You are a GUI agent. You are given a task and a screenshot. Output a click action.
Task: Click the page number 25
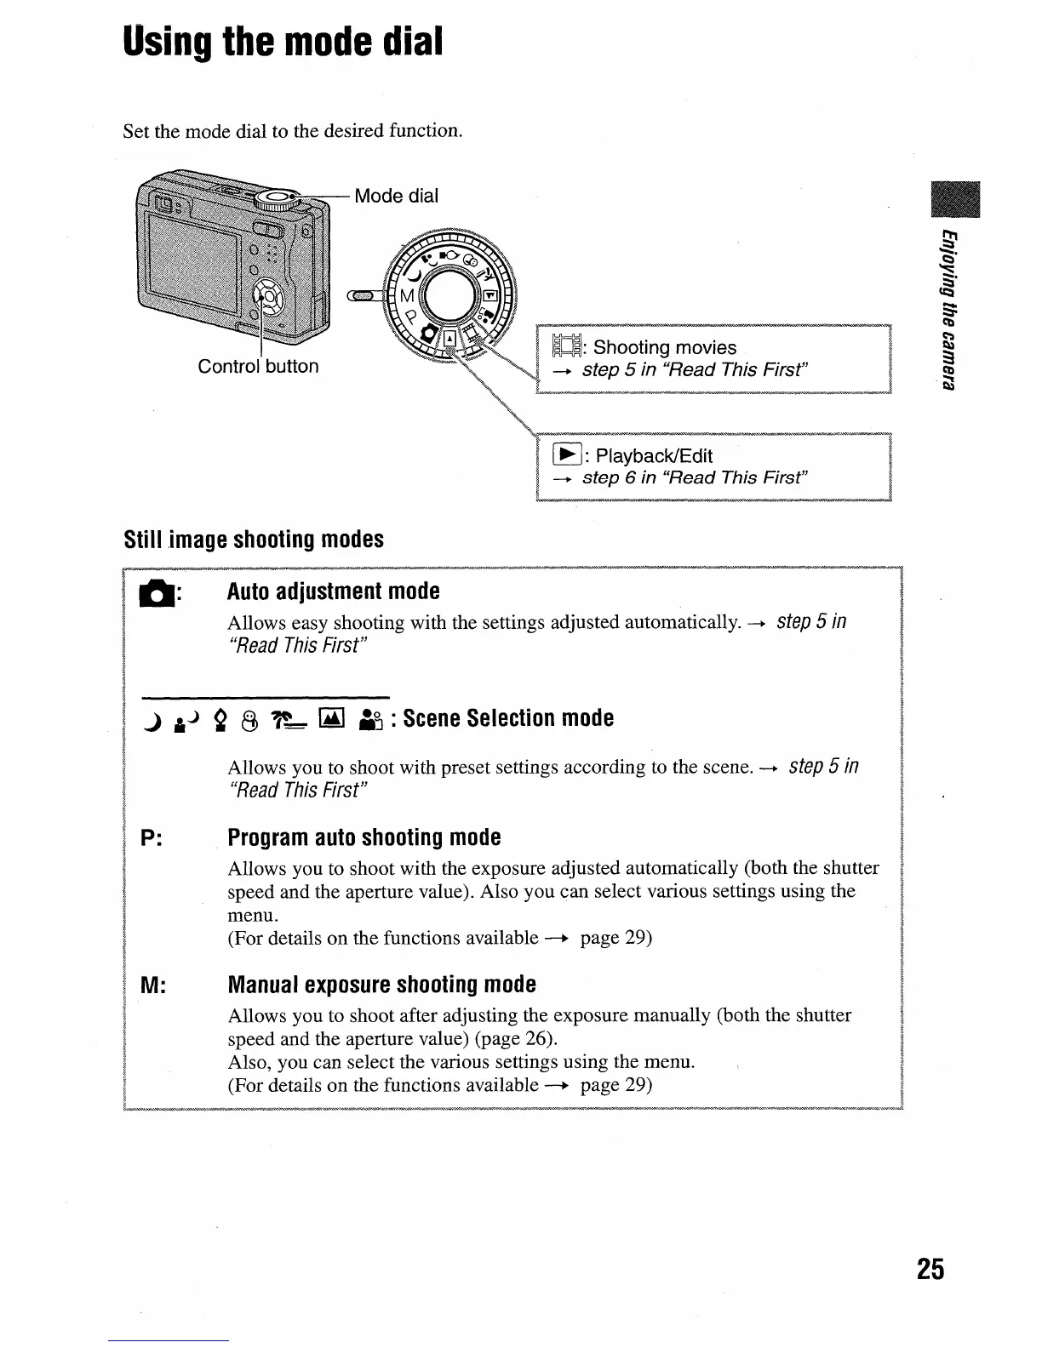930,1269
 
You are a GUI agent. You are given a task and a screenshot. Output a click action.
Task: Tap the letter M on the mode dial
406,295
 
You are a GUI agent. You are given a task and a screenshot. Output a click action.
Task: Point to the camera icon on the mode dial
431,332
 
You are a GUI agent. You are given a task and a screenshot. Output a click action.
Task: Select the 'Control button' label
258,367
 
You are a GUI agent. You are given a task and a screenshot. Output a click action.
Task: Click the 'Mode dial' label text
396,196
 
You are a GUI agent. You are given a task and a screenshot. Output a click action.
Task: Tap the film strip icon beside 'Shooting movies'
565,347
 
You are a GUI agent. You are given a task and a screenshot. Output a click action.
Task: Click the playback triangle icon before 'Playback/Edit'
565,454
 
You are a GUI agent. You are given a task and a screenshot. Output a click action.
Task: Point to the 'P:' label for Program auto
152,838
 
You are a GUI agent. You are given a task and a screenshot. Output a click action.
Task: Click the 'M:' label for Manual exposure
152,985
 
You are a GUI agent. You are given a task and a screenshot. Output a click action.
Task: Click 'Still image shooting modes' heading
254,540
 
